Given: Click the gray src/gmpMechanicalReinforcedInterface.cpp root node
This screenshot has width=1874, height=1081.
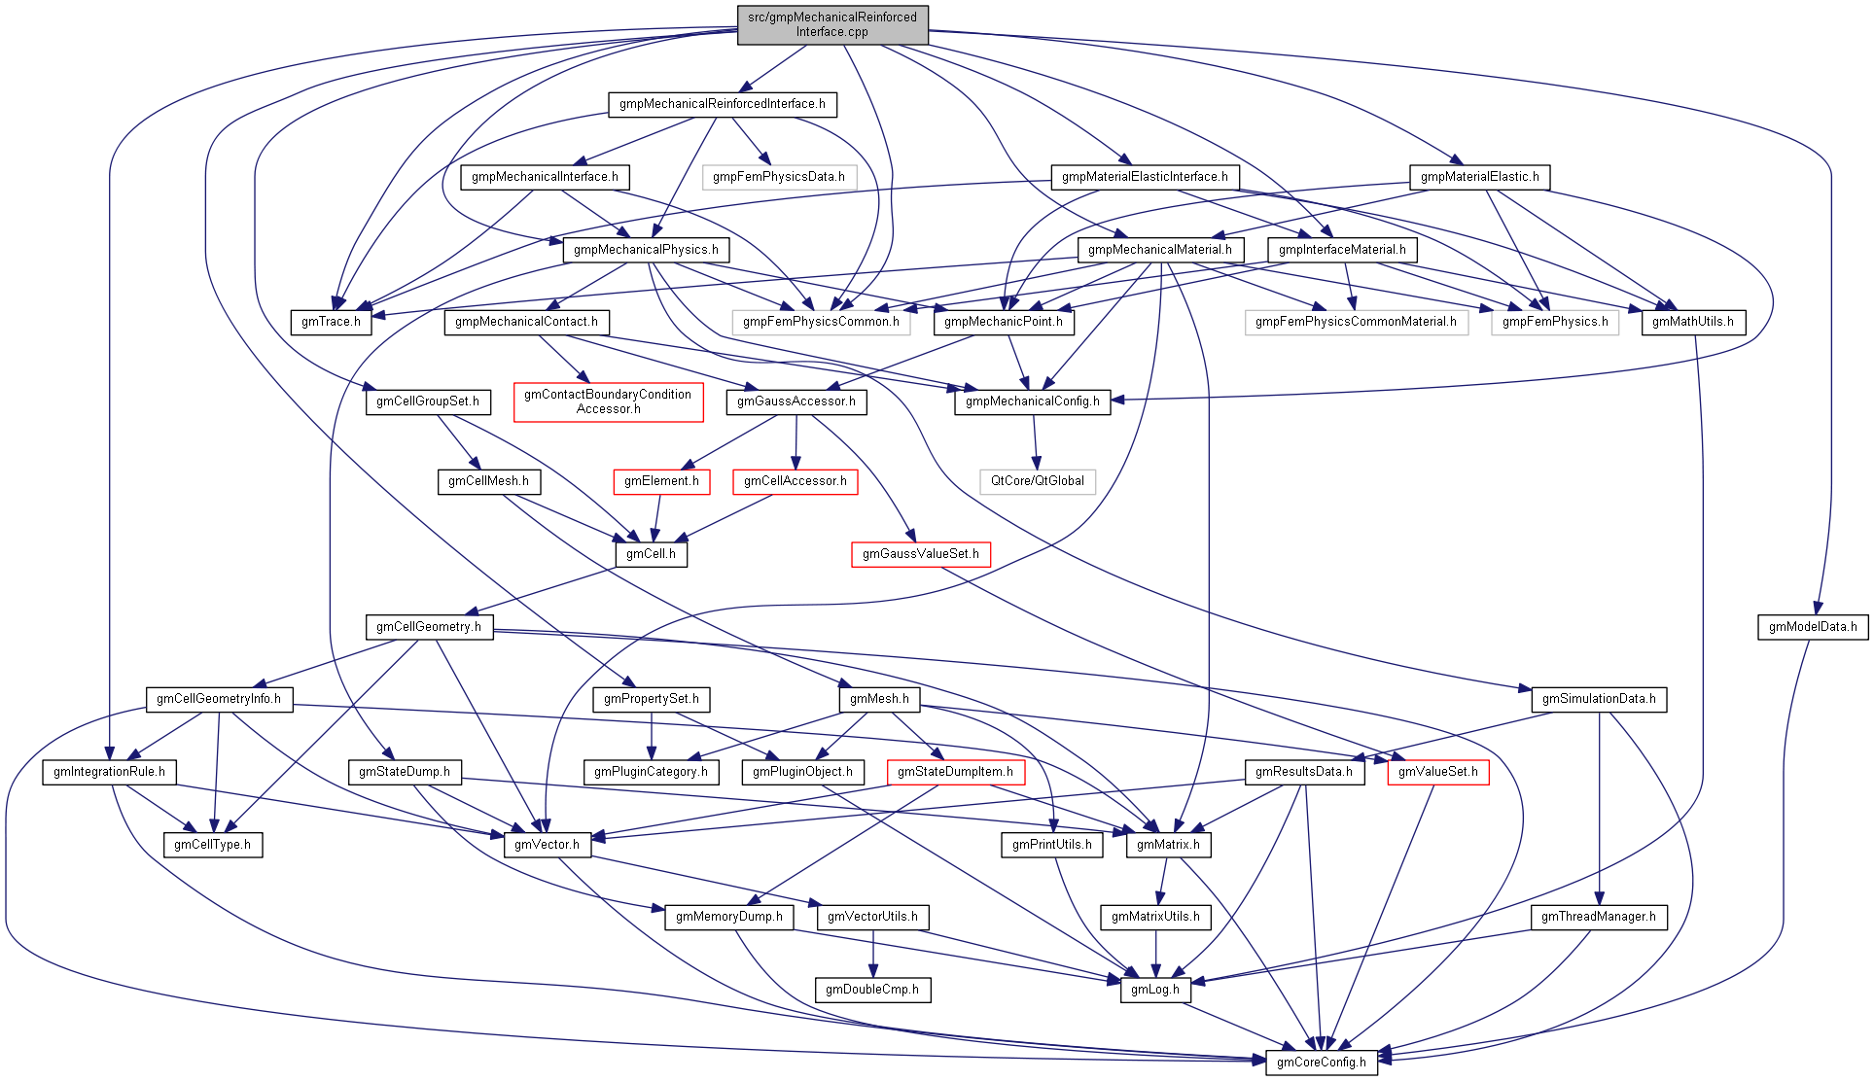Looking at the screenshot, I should point(832,24).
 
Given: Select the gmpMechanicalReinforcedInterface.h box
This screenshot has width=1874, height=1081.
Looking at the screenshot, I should point(722,104).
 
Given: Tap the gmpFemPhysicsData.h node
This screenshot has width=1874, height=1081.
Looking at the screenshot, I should point(778,177).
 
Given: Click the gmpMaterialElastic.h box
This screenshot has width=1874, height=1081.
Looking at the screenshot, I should point(1479,177).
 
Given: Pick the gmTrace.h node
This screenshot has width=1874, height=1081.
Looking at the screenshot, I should point(331,322).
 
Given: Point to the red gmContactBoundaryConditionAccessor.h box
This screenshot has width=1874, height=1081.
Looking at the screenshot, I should point(608,401).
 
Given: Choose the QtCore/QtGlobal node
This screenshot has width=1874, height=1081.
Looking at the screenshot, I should point(1037,481).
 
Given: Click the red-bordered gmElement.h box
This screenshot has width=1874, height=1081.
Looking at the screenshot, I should point(661,481).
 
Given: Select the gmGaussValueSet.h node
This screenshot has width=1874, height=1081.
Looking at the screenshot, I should point(920,554).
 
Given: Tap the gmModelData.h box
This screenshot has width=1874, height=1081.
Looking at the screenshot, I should point(1812,627).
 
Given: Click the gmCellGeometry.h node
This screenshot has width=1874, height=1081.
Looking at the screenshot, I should point(429,627).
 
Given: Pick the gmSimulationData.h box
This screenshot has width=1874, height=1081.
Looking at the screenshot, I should point(1599,699).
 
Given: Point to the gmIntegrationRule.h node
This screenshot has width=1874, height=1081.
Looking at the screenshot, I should point(109,772).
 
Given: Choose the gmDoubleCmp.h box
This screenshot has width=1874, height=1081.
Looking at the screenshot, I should point(872,990).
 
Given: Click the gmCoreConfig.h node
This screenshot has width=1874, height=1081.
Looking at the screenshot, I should point(1321,1063).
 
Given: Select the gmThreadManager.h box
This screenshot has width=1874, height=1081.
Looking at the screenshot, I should point(1599,917).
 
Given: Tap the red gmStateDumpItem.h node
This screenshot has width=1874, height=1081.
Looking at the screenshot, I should point(955,772).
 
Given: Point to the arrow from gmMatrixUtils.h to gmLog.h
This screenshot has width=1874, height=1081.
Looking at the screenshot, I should point(1155,953).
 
